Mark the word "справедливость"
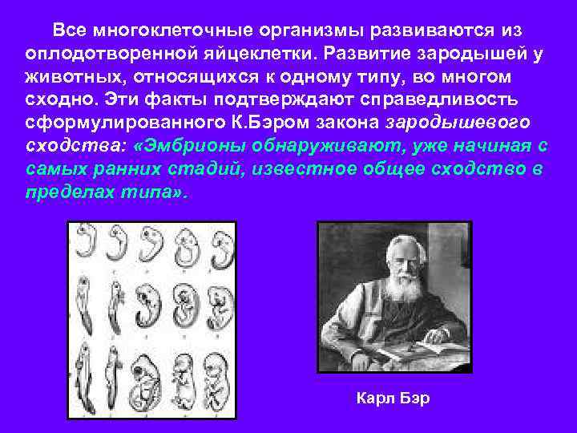point(429,100)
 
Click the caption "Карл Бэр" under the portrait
point(393,399)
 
